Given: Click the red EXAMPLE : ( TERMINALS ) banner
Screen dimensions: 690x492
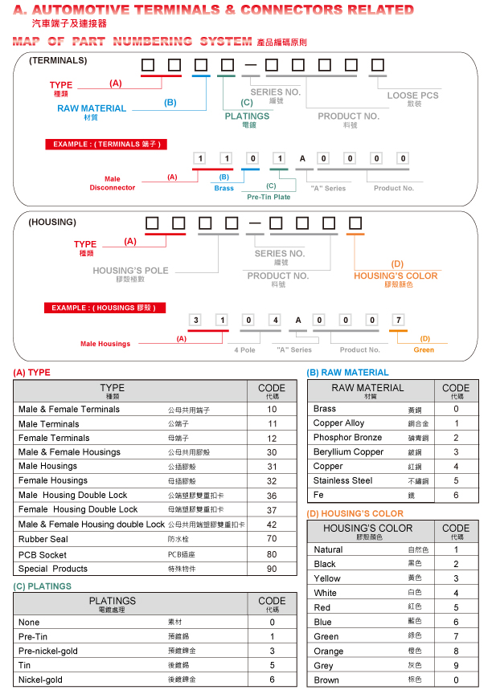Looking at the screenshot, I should (x=107, y=145).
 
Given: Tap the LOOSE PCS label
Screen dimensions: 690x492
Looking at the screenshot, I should (x=412, y=96).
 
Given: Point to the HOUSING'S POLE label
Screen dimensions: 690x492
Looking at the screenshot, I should (x=130, y=271).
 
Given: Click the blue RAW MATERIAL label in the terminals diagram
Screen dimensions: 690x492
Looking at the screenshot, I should (x=92, y=108).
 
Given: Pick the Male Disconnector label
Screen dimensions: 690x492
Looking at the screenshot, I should (x=113, y=184).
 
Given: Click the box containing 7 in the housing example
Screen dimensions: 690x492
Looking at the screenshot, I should (x=396, y=321).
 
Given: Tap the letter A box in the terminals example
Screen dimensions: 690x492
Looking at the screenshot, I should (x=302, y=159).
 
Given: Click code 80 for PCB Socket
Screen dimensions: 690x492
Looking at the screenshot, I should (x=272, y=553).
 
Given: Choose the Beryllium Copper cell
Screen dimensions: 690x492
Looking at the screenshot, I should (x=348, y=451).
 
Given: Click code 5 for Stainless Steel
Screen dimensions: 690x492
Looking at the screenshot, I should (x=456, y=480).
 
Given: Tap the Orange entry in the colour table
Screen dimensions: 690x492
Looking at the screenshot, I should (x=328, y=651).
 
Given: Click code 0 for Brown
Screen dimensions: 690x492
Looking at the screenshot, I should (x=456, y=680).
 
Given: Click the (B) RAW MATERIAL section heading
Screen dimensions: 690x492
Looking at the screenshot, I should (x=347, y=373).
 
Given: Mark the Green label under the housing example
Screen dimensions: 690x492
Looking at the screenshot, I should (x=424, y=349).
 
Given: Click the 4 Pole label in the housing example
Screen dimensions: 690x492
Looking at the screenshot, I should (x=244, y=349).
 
